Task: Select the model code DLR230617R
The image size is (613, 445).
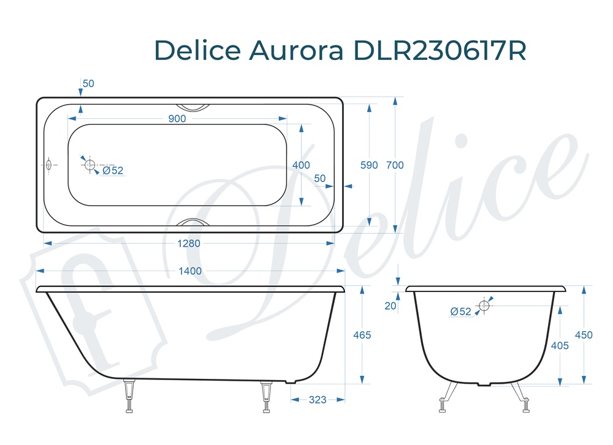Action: point(440,50)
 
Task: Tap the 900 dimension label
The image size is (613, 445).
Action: point(177,119)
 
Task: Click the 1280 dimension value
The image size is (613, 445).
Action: point(189,243)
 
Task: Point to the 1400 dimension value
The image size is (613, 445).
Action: point(190,271)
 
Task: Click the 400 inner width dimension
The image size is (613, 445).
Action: point(301,165)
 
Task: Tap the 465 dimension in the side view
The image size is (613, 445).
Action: point(362,335)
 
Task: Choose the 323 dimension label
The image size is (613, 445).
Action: point(317,400)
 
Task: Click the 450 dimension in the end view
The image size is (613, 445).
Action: point(584,335)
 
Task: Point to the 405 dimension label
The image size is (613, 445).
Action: point(560,345)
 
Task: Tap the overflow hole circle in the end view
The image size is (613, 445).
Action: point(484,305)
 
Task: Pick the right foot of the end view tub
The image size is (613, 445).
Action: point(525,404)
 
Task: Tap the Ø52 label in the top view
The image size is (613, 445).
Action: point(113,171)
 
